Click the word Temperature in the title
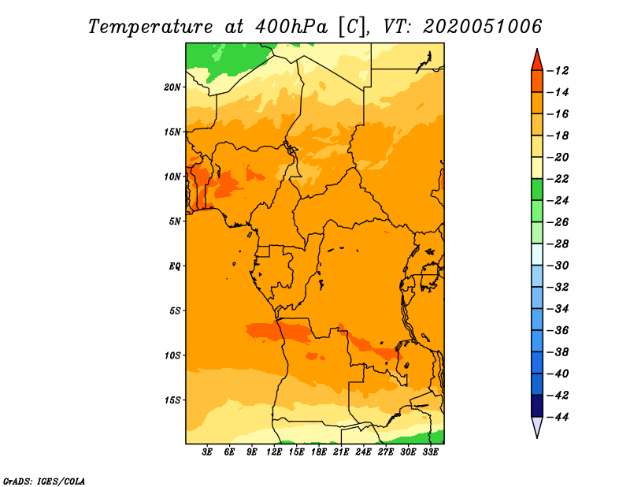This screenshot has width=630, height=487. click(150, 27)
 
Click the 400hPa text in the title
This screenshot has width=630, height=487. click(291, 27)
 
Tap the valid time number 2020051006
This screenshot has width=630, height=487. click(482, 27)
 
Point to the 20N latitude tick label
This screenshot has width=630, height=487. click(172, 87)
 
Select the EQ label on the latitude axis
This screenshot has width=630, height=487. click(174, 266)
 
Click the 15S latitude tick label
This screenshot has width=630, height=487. click(172, 400)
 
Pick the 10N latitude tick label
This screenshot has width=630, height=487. click(172, 177)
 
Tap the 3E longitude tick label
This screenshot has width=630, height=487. click(207, 452)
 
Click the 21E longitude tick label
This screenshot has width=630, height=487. click(341, 452)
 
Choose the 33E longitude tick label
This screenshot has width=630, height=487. click(430, 452)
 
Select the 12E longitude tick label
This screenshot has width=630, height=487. click(274, 452)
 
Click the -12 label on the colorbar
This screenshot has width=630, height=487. click(558, 71)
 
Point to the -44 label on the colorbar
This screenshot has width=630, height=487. click(558, 417)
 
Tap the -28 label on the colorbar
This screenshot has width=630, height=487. click(558, 244)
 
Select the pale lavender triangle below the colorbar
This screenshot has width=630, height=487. click(537, 426)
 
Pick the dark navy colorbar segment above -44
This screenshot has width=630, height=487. click(537, 406)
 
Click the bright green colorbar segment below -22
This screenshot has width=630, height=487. click(537, 190)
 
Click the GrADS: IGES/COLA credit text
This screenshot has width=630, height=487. click(44, 481)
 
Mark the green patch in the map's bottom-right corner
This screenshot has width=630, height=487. click(431, 437)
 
